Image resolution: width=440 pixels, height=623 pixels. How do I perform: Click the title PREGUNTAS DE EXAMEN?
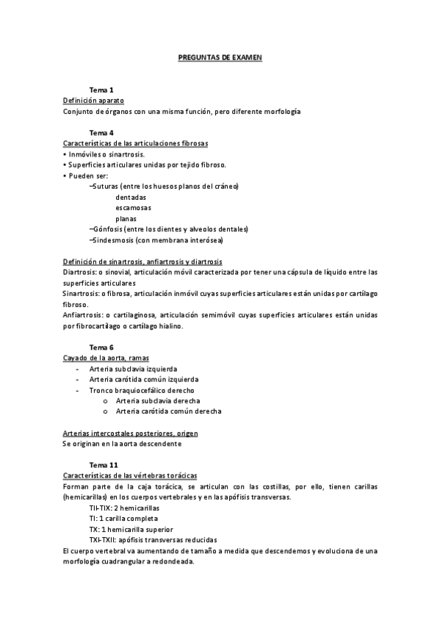(220, 56)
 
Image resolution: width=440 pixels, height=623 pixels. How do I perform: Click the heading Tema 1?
(101, 89)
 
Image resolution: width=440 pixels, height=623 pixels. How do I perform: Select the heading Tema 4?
(101, 133)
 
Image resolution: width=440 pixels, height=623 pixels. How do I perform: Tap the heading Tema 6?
(101, 346)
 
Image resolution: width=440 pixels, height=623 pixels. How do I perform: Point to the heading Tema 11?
(103, 465)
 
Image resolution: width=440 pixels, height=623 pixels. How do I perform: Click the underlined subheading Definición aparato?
(93, 100)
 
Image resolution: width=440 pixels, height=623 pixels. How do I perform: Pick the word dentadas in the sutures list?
(131, 198)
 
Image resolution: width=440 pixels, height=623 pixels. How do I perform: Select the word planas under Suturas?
(126, 219)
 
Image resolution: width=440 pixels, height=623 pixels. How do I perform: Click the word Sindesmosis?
(112, 240)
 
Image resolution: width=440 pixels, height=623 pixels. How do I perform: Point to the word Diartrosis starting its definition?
(79, 272)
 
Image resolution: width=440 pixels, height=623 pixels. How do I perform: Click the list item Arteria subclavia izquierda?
(133, 369)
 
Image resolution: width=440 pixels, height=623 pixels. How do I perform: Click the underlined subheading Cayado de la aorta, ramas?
(107, 357)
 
